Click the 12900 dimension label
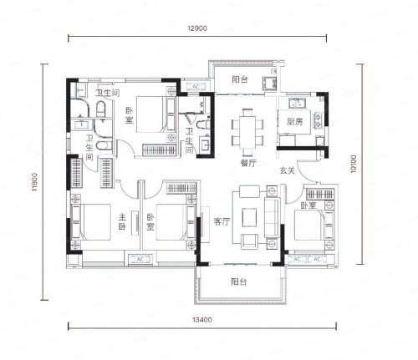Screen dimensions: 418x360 197,28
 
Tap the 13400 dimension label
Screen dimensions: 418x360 202,320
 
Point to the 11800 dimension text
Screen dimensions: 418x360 34,182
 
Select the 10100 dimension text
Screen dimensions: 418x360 354,164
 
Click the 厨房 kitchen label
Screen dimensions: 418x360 294,121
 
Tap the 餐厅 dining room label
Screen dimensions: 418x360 248,163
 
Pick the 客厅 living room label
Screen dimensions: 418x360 222,221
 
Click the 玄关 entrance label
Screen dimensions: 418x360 287,170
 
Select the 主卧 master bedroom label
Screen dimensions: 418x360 122,221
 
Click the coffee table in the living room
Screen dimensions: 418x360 249,217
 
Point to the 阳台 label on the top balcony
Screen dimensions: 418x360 240,79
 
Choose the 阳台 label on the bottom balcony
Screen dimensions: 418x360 239,281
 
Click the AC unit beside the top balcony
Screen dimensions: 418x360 196,86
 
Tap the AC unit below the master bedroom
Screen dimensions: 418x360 140,260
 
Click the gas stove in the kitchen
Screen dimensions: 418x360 318,120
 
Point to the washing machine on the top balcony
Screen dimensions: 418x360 269,83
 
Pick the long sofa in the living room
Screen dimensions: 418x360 272,217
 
